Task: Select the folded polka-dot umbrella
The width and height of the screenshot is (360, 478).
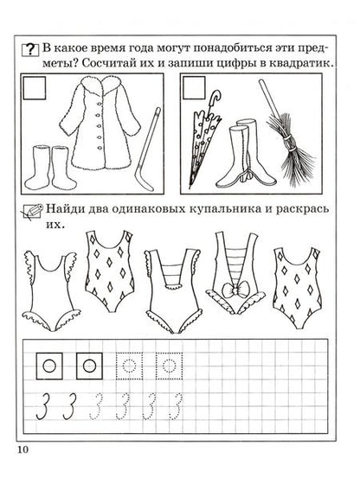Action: (x=202, y=138)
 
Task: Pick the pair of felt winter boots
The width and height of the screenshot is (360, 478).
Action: (x=50, y=168)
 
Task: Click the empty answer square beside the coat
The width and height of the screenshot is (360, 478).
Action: (x=35, y=88)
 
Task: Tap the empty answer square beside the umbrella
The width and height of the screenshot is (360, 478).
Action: (x=195, y=88)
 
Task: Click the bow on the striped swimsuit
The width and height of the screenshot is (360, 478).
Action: (x=235, y=290)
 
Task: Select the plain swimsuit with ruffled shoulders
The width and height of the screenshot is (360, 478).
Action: (x=51, y=290)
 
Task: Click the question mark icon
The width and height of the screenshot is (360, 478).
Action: (x=30, y=49)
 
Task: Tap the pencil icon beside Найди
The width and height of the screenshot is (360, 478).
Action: (x=32, y=211)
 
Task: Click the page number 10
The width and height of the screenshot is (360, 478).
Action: (x=22, y=449)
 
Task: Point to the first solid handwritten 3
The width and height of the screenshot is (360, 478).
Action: (x=42, y=406)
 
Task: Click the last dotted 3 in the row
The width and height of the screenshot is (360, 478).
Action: (x=177, y=406)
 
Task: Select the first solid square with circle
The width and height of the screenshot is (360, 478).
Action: (x=49, y=366)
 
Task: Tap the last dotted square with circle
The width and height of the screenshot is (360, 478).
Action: (x=170, y=366)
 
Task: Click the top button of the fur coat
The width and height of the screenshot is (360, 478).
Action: (x=100, y=105)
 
